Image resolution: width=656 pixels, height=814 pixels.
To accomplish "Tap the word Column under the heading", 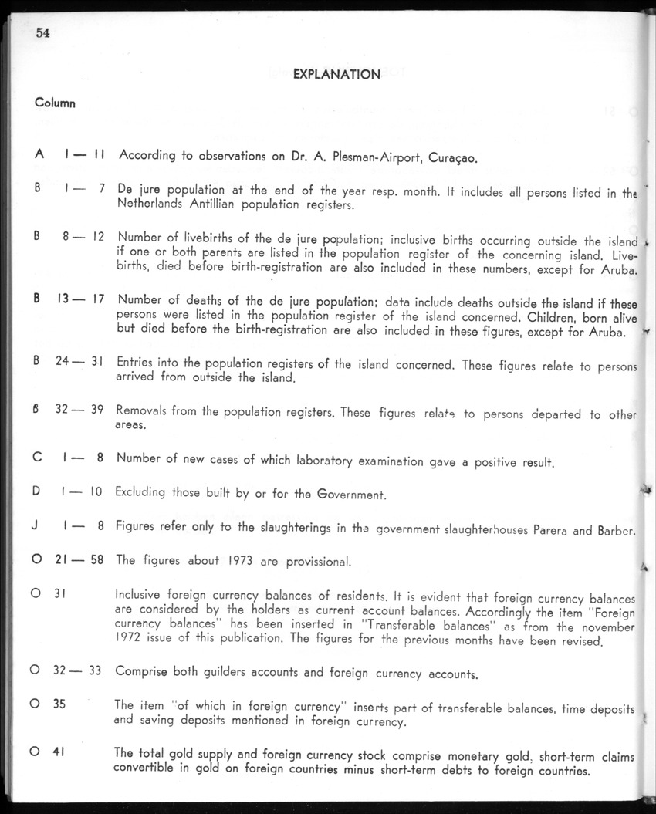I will click(55, 103).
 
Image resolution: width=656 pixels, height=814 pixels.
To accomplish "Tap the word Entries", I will click(137, 363).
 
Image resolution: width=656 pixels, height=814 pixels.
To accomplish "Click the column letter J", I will click(37, 527).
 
